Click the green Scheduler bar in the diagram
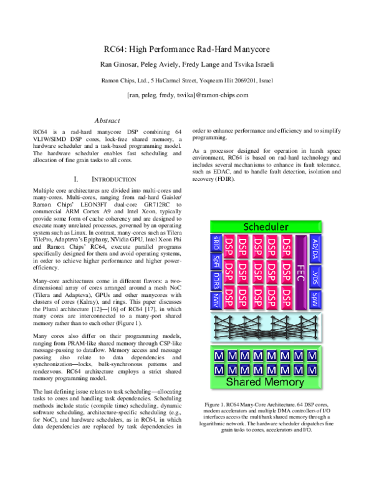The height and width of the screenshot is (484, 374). (x=266, y=226)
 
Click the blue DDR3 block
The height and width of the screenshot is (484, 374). (x=216, y=293)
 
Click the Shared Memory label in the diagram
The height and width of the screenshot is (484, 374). (x=266, y=381)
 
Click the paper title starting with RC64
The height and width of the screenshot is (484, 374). (x=187, y=49)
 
